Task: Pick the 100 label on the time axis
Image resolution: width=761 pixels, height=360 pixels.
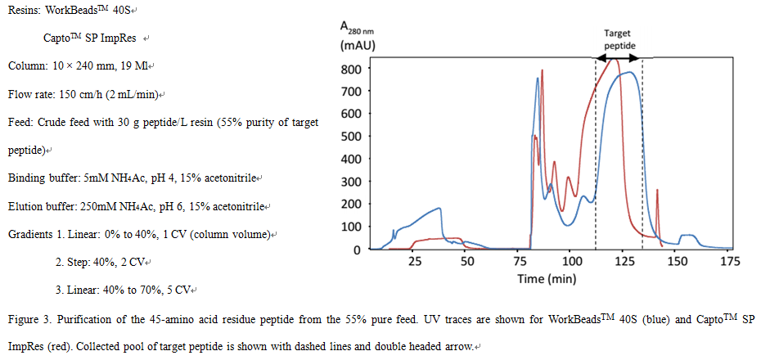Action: tap(571, 262)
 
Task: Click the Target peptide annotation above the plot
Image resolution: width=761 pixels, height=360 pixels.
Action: tap(619, 39)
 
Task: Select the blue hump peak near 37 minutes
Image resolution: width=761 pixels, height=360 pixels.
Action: tap(439, 209)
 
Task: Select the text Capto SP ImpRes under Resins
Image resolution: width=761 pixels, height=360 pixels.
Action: tap(91, 38)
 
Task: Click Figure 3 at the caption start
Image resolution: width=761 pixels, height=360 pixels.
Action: tap(29, 317)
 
